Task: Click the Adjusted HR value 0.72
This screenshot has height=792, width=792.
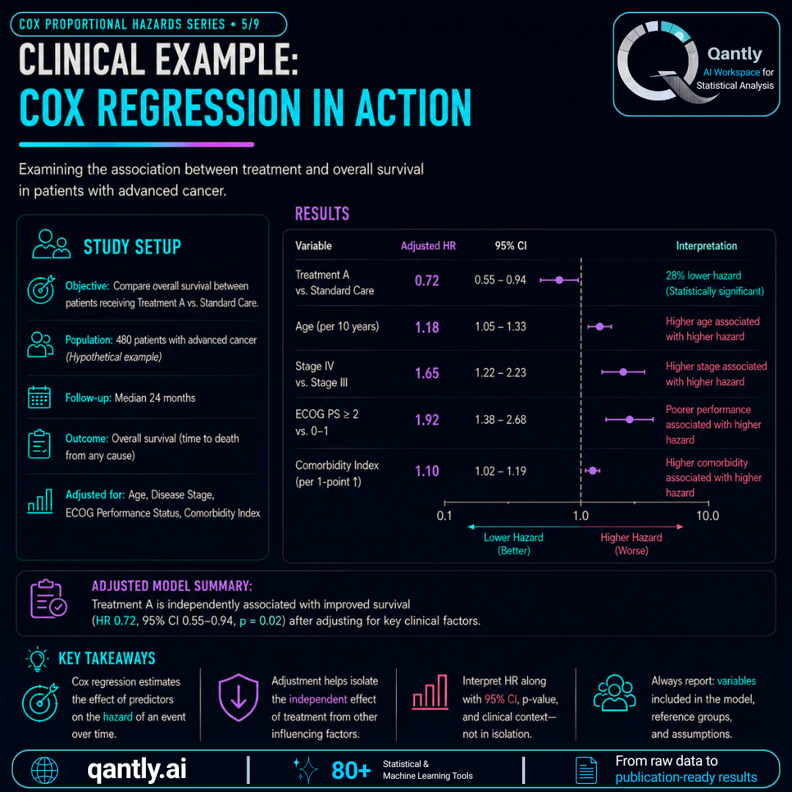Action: pyautogui.click(x=427, y=280)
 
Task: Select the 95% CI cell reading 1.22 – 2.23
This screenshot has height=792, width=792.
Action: pyautogui.click(x=500, y=373)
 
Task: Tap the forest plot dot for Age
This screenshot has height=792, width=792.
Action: pyautogui.click(x=600, y=327)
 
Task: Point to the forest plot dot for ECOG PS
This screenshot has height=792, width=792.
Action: pyautogui.click(x=629, y=419)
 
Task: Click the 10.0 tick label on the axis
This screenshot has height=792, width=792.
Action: pyautogui.click(x=707, y=516)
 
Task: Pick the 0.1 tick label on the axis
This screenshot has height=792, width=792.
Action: pyautogui.click(x=444, y=516)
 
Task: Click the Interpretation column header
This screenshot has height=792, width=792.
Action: pyautogui.click(x=706, y=246)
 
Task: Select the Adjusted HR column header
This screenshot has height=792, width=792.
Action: pyautogui.click(x=428, y=246)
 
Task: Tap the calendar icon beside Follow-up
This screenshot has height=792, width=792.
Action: pyautogui.click(x=40, y=397)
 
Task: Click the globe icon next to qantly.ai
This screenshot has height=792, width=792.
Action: pyautogui.click(x=45, y=771)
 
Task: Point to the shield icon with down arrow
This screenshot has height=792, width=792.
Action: pyautogui.click(x=238, y=697)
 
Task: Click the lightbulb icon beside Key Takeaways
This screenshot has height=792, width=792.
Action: pyautogui.click(x=37, y=659)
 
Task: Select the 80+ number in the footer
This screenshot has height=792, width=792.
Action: pyautogui.click(x=351, y=771)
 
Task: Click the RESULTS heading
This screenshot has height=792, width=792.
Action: pyautogui.click(x=322, y=213)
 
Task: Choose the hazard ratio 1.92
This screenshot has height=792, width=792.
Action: pyautogui.click(x=427, y=419)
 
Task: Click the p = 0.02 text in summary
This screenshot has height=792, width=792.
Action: pyautogui.click(x=260, y=621)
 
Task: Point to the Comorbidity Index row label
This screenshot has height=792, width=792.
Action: pyautogui.click(x=337, y=473)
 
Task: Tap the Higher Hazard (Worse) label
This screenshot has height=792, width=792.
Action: pyautogui.click(x=631, y=544)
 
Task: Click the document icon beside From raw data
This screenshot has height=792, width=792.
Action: pyautogui.click(x=586, y=771)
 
